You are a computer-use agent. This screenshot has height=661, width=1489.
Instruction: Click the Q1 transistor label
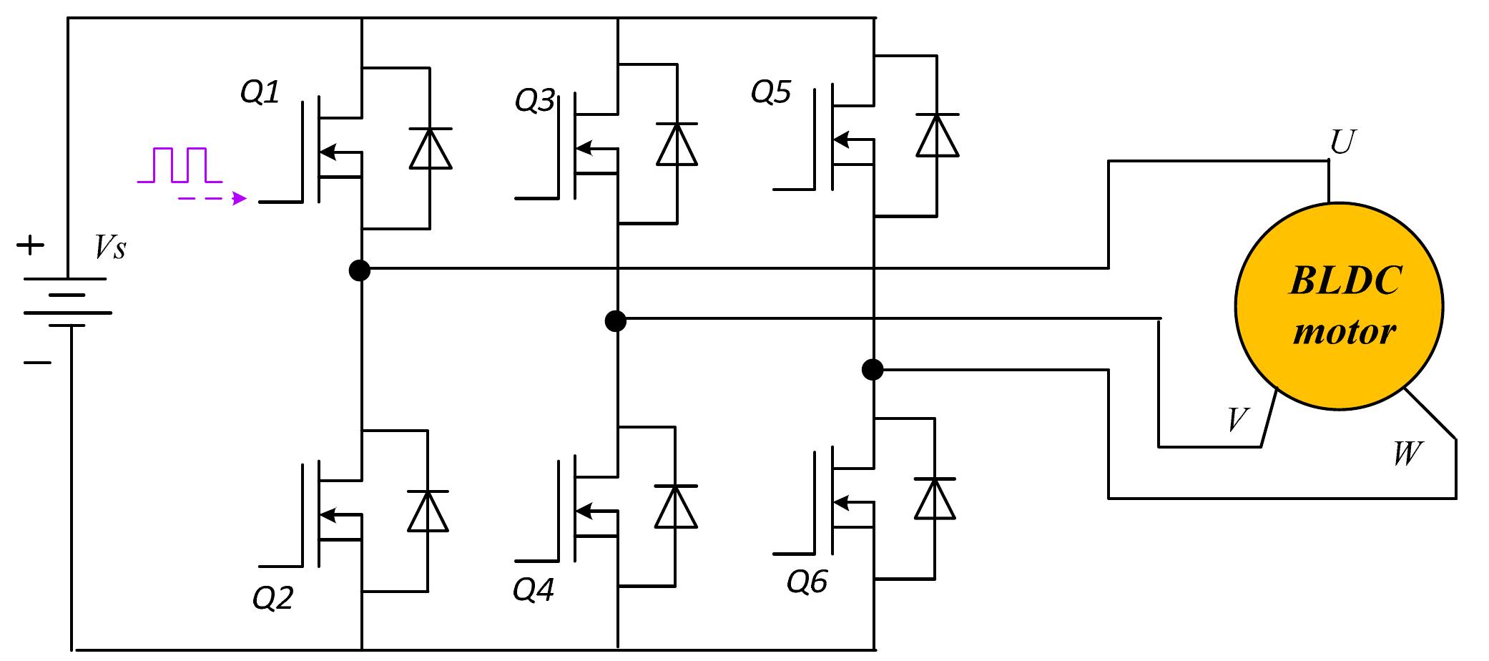coord(260,92)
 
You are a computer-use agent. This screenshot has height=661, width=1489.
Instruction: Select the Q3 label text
coord(534,101)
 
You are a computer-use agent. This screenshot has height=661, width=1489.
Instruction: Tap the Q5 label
coord(771,92)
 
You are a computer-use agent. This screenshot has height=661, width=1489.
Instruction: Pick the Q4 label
coord(533,590)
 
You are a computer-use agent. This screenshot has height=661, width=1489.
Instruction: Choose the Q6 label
coord(807,582)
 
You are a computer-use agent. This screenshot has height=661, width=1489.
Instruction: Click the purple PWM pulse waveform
coord(180,165)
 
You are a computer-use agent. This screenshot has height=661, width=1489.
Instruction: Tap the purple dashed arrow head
coord(240,198)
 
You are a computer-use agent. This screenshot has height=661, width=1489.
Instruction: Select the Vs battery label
coord(110,248)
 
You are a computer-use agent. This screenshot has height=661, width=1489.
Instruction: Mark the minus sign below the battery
coord(37,363)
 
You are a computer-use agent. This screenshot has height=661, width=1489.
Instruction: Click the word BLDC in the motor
coord(1345,280)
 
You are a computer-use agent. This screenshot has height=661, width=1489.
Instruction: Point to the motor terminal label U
coord(1342,142)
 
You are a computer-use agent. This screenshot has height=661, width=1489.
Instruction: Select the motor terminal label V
coord(1237,420)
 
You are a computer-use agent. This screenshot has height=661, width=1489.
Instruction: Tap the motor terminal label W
coord(1407,454)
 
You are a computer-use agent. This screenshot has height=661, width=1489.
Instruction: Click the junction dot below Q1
coord(359,270)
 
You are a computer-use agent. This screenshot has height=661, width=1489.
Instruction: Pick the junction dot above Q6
coord(872,369)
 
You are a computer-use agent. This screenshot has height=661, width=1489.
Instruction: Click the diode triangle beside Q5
coord(937,136)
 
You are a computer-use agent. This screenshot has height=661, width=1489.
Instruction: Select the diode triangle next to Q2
coord(428,511)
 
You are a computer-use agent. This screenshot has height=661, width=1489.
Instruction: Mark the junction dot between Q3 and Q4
coord(615,320)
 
